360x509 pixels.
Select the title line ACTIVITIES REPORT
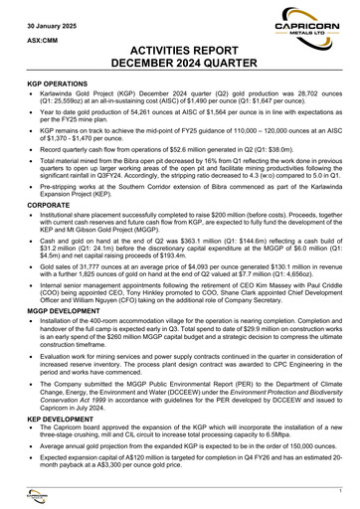coord(180,56)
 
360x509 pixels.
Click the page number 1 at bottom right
coord(339,492)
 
